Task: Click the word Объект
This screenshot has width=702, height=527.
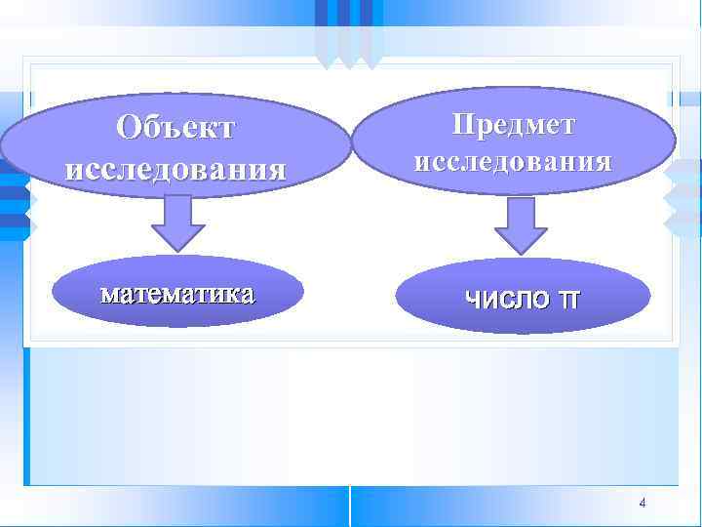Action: point(176,128)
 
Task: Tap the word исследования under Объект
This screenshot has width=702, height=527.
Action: point(176,168)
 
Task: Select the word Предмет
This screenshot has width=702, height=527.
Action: point(513,124)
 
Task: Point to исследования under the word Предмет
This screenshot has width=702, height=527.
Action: point(513,160)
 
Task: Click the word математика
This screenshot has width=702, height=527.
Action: point(177,292)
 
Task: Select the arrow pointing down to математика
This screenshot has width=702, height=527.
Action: point(177,224)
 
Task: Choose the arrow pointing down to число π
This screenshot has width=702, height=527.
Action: point(521,225)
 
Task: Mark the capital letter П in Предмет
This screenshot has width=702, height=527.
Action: point(462,124)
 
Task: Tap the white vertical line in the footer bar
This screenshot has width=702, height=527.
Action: point(349,506)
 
